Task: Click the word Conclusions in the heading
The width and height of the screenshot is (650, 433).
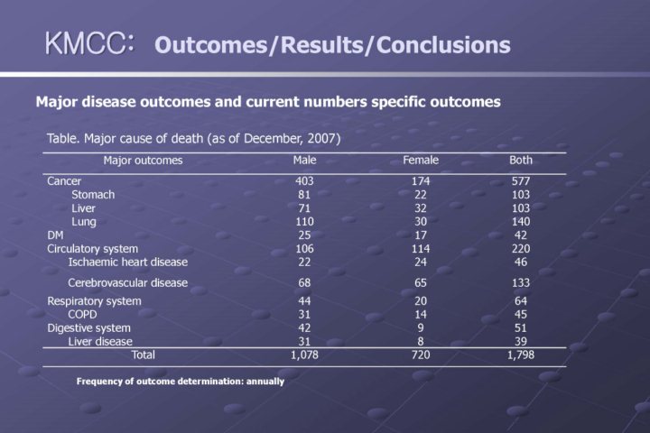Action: pyautogui.click(x=442, y=44)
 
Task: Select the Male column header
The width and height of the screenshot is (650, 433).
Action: pyautogui.click(x=304, y=161)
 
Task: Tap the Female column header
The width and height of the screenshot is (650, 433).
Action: pyautogui.click(x=421, y=161)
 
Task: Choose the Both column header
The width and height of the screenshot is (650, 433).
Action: pyautogui.click(x=521, y=161)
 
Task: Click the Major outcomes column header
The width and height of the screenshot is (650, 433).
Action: pyautogui.click(x=143, y=161)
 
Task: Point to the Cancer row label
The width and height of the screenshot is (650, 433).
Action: pyautogui.click(x=64, y=180)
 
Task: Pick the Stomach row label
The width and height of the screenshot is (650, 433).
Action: pyautogui.click(x=93, y=194)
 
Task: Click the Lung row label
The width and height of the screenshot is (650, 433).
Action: pyautogui.click(x=84, y=221)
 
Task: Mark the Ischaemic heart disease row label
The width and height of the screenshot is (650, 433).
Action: pyautogui.click(x=128, y=262)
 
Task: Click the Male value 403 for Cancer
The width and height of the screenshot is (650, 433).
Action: pyautogui.click(x=304, y=180)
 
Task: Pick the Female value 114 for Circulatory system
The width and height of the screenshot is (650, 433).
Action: pyautogui.click(x=421, y=248)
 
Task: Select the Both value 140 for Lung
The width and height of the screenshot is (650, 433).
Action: pyautogui.click(x=521, y=221)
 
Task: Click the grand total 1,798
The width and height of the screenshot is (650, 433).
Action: pyautogui.click(x=521, y=355)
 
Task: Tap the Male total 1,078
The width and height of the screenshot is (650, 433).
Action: pyautogui.click(x=304, y=355)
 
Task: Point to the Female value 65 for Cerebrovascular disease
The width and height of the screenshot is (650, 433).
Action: pyautogui.click(x=421, y=282)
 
